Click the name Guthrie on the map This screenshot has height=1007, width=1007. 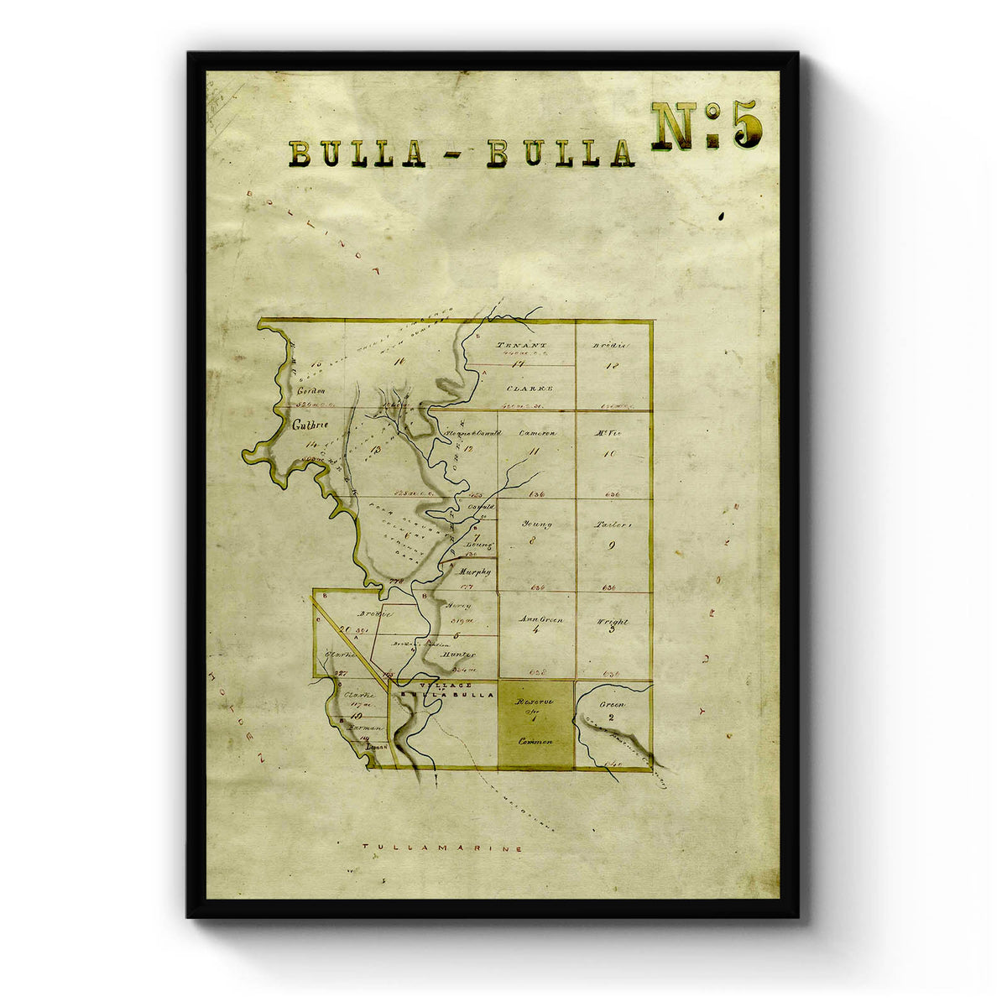(308, 425)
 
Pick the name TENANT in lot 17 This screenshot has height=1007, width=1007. (521, 345)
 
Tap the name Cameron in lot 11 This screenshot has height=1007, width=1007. (536, 433)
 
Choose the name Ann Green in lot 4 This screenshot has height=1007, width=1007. (540, 619)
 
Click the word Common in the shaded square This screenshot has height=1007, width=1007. (535, 741)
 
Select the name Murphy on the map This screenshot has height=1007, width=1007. (475, 571)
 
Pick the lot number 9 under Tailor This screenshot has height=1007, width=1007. (612, 544)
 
